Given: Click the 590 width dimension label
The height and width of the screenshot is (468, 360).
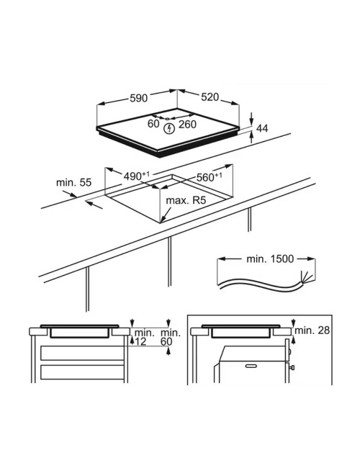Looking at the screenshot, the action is (138, 98).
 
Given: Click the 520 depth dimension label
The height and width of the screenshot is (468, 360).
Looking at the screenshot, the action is (210, 97).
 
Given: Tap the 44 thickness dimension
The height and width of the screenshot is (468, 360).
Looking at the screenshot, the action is (262, 128).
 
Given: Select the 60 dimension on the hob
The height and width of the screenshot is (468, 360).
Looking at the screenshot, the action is (153, 124).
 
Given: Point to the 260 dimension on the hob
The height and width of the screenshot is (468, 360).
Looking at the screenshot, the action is (187, 124).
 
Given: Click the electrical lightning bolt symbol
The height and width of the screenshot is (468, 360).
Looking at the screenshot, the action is (169, 129).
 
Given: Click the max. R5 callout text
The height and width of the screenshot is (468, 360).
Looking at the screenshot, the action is (186, 200).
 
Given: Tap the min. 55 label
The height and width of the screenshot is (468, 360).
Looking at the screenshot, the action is (73, 182).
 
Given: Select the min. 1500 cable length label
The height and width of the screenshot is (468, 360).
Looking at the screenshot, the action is (270, 258).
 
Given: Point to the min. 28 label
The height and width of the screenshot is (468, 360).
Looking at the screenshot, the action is (312, 330).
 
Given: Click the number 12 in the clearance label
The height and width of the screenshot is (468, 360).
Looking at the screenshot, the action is (141, 341).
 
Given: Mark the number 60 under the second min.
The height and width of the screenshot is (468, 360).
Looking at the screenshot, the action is (166, 341).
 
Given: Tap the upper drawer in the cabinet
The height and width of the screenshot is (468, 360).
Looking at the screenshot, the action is (82, 353).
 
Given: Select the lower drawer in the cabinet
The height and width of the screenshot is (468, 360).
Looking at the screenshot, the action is (82, 372).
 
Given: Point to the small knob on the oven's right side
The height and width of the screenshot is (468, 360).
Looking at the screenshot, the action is (292, 367).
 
